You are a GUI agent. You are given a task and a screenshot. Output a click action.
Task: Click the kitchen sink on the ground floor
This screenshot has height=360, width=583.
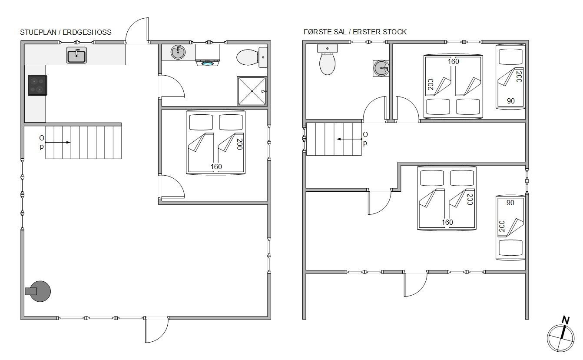point(76,55)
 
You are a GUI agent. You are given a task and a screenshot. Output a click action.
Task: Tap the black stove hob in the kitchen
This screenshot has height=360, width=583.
point(37,85)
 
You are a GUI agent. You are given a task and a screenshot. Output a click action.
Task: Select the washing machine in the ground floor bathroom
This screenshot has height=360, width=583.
point(207,55)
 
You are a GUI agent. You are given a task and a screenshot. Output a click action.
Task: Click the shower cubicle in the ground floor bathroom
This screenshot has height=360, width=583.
point(252,91)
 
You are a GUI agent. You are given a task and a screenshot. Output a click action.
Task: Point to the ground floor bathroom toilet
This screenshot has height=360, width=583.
point(252,57)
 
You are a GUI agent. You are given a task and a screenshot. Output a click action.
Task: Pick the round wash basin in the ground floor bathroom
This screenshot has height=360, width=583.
point(178,52)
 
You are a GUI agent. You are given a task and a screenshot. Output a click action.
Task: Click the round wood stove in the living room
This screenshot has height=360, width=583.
point(39,291)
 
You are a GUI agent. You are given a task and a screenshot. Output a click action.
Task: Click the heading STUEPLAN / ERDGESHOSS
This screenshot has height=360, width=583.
point(66,32)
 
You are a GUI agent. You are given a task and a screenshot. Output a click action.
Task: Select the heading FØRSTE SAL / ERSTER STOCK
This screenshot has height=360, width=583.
point(355,32)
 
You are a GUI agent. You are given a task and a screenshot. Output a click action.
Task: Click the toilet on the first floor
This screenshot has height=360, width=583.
point(327,60)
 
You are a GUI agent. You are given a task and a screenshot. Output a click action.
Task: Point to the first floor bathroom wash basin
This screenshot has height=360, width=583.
point(381,68)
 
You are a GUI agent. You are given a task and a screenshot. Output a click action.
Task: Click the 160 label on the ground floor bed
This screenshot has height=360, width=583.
point(216,167)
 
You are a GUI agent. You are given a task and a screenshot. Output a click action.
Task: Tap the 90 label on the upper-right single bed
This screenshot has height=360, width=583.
point(510,101)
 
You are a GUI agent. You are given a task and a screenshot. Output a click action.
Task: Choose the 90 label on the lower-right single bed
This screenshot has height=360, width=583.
point(510,203)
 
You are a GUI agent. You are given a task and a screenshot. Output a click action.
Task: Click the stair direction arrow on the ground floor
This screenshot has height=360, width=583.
point(57,142)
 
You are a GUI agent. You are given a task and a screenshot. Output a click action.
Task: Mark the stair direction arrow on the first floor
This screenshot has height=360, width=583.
point(349,139)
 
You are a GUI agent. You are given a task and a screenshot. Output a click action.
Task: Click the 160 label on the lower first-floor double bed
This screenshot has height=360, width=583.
point(447,222)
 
